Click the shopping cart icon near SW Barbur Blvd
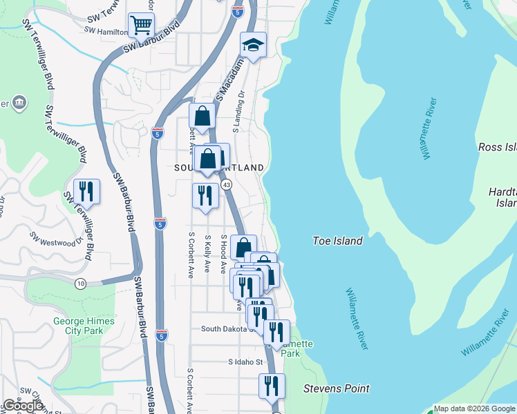click(140, 26)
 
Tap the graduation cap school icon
click(253, 46)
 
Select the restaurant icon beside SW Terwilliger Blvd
click(87, 190)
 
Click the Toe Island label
click(337, 241)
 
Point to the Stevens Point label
click(337, 388)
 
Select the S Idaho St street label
click(246, 362)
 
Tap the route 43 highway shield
click(226, 185)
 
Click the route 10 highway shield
click(81, 283)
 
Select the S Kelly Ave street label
click(207, 255)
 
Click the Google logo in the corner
click(23, 406)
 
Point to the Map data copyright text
click(474, 408)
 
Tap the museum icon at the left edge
click(18, 103)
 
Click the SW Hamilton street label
click(106, 30)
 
